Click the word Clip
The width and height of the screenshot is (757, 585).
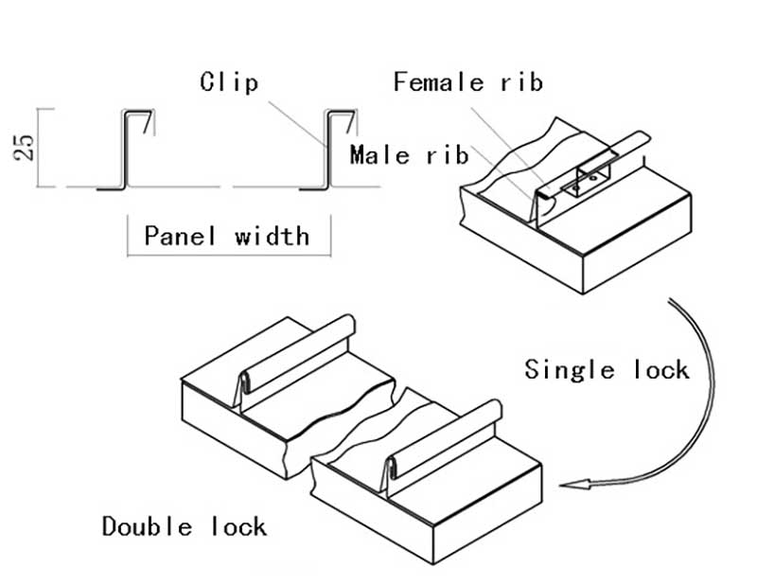[229, 82]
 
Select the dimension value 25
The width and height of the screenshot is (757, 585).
[26, 147]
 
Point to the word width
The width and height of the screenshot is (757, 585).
[272, 235]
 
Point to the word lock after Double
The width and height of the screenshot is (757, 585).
[240, 525]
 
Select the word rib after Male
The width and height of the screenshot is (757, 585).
[447, 154]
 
